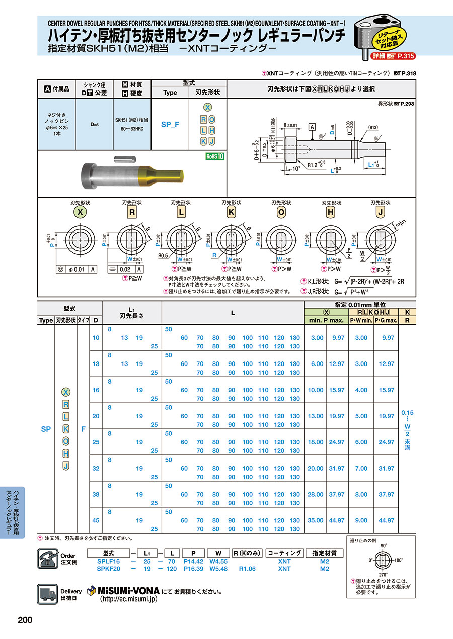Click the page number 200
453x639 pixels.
(25, 620)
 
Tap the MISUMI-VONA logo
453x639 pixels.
(123, 591)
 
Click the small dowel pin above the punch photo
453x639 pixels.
(124, 160)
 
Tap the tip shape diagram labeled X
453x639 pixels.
(79, 241)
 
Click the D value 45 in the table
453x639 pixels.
(96, 520)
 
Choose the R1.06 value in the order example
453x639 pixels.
(247, 569)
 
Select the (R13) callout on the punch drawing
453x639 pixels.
(373, 127)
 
